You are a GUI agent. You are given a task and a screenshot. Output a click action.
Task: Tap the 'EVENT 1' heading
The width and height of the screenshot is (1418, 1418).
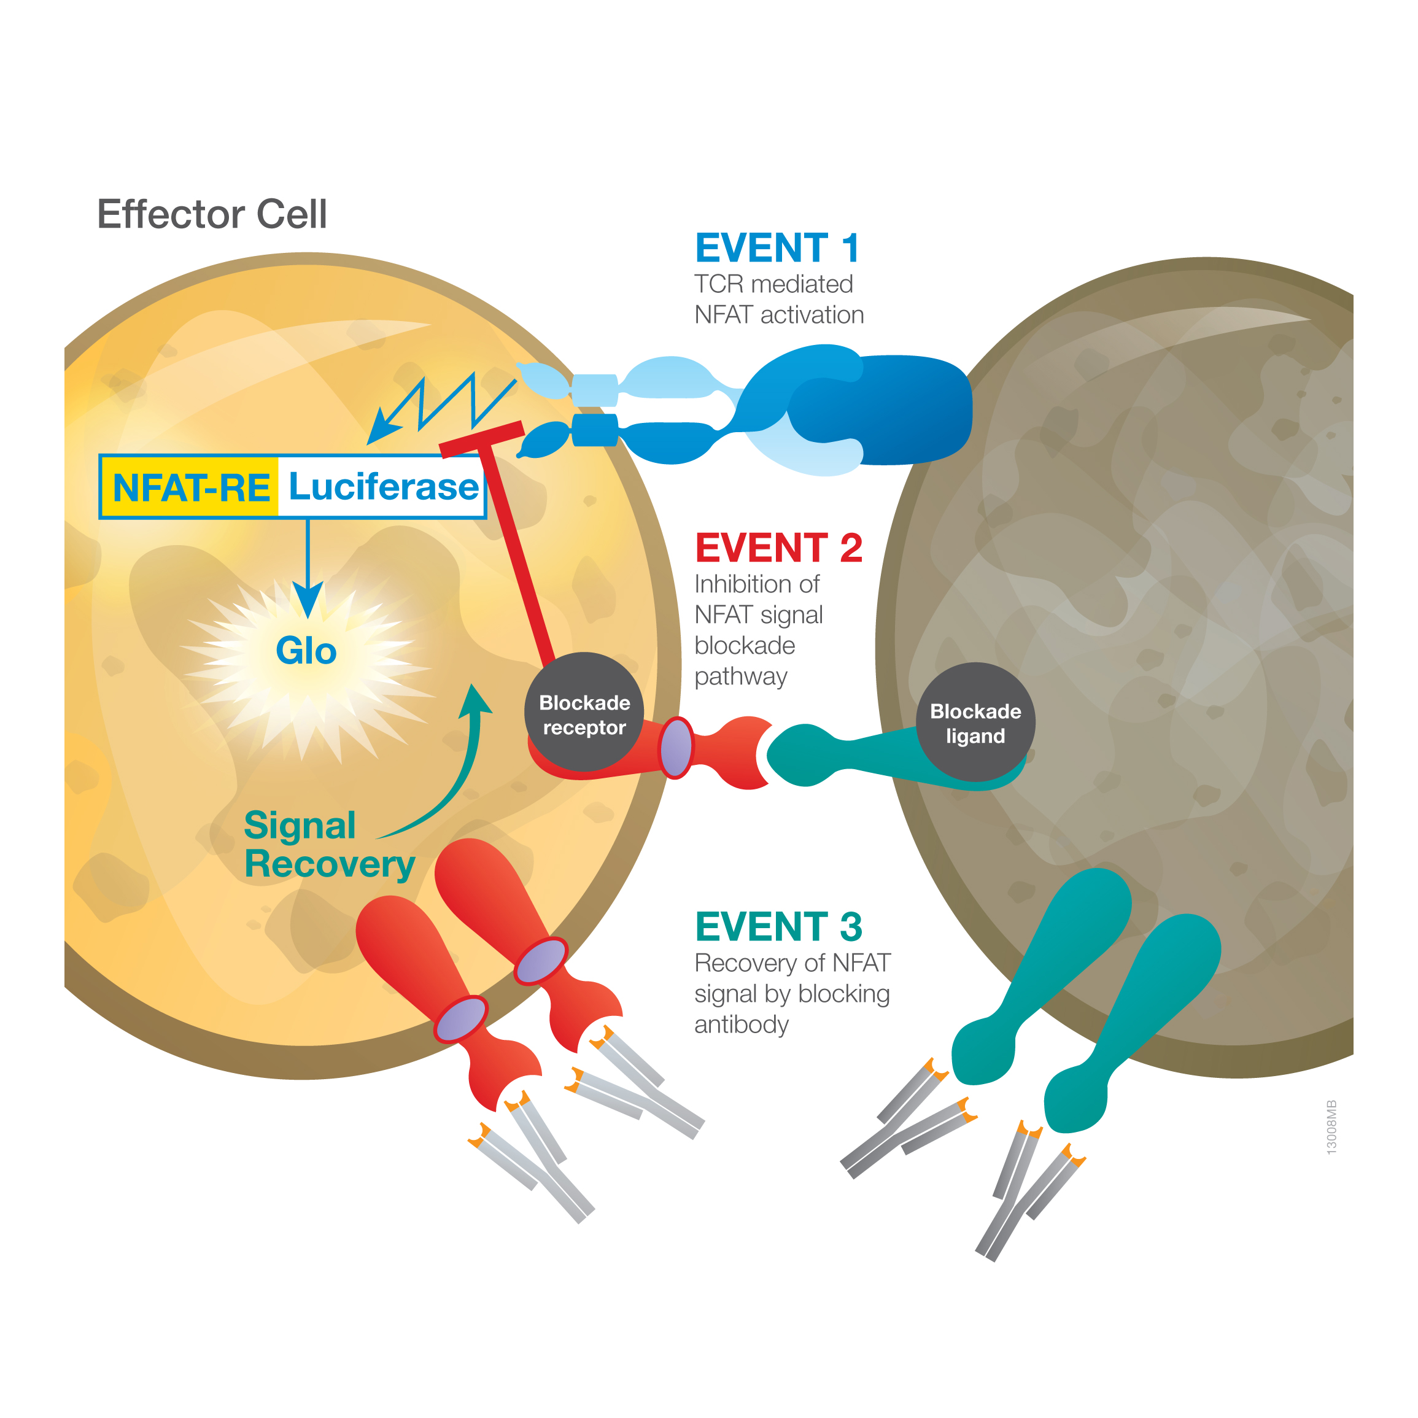point(777,248)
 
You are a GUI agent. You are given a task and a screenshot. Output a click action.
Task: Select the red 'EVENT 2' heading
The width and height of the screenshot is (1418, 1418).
point(778,548)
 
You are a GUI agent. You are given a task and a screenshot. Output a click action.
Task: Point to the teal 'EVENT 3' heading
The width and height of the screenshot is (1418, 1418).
point(778,927)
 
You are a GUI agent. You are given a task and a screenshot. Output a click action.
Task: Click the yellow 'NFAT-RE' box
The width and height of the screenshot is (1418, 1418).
point(190,487)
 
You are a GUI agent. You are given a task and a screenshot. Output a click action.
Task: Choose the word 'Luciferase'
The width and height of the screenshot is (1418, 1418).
point(382,487)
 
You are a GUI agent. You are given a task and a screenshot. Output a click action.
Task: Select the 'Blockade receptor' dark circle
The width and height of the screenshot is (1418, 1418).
point(584,713)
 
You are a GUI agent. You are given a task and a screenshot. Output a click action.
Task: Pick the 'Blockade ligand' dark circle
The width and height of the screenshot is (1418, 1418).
point(975,723)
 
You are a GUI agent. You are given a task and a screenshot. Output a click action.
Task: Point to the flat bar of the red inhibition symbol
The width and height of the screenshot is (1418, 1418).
point(481,438)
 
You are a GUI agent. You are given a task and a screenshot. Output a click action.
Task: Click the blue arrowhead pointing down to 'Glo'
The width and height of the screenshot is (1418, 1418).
point(308,598)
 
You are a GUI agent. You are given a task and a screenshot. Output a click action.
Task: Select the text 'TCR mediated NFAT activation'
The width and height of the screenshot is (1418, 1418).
point(778,300)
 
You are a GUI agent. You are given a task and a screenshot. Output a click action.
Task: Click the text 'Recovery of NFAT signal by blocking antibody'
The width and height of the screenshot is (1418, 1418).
point(791,994)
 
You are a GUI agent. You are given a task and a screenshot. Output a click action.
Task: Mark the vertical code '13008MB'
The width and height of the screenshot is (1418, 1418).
point(1331,1128)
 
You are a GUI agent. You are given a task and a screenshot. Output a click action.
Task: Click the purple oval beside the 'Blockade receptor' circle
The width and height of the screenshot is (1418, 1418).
point(675,748)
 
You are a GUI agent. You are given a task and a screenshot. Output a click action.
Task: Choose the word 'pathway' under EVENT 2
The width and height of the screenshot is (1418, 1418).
point(740,676)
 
